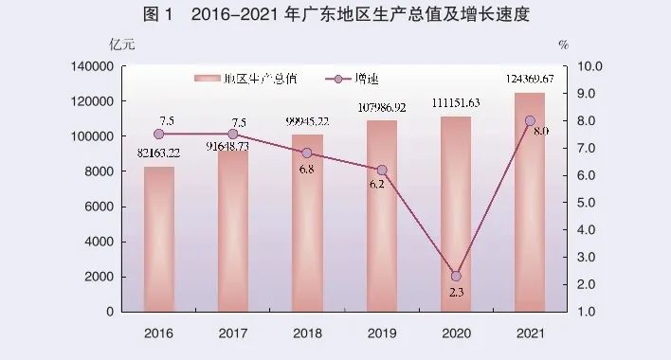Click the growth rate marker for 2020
(456, 276)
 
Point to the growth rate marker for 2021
(530, 121)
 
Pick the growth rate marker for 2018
(307, 153)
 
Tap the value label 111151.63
(456, 103)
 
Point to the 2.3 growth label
(456, 295)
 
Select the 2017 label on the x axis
(233, 333)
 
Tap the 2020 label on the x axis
(456, 333)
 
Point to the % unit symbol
(563, 45)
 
